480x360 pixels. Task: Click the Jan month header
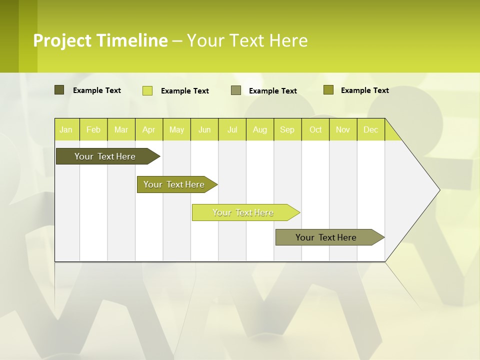tap(66, 129)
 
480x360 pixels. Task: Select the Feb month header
tap(93, 129)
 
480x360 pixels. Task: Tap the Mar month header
tap(121, 129)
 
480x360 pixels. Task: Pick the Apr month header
tap(149, 129)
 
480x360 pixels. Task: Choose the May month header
tap(176, 129)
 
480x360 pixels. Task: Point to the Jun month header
tap(204, 129)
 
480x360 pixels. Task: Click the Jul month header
tap(232, 129)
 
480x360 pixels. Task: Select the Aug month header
tap(260, 129)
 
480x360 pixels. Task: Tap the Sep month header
tap(287, 129)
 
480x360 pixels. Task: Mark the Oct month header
tap(315, 129)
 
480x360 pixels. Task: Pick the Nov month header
tap(343, 129)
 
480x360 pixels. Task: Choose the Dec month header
tap(371, 129)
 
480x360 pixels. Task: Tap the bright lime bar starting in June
tap(243, 212)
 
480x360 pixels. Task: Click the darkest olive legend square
tap(59, 90)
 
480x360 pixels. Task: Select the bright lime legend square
tap(147, 90)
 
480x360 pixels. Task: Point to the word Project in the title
tap(62, 40)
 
